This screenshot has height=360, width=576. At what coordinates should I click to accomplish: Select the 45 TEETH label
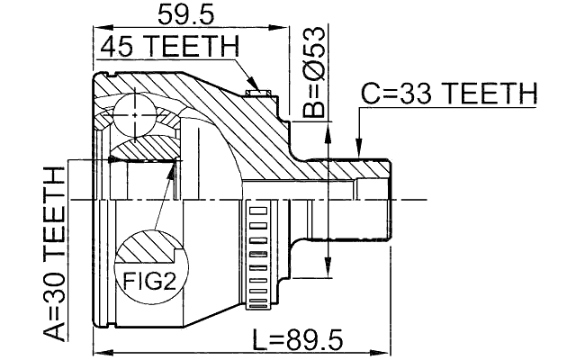click(x=168, y=46)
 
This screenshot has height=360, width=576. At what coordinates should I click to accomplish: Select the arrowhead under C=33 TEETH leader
click(x=359, y=148)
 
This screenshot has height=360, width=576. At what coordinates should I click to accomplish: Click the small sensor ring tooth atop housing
click(x=257, y=89)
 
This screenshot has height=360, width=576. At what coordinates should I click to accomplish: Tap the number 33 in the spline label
click(x=422, y=93)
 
